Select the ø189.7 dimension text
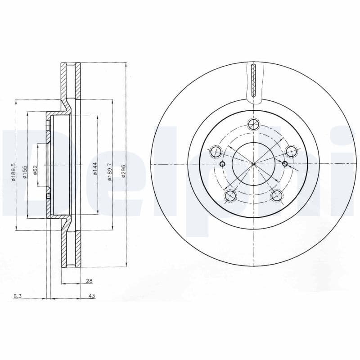(109, 171)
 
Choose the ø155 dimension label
(25, 171)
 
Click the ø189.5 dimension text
(13, 171)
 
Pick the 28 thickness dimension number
(89, 281)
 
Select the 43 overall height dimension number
(91, 296)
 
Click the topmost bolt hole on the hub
(254, 125)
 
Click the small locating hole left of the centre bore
(222, 163)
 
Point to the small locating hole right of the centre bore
(285, 163)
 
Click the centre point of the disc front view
(254, 163)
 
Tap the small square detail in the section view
(48, 196)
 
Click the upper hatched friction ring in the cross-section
(71, 81)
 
